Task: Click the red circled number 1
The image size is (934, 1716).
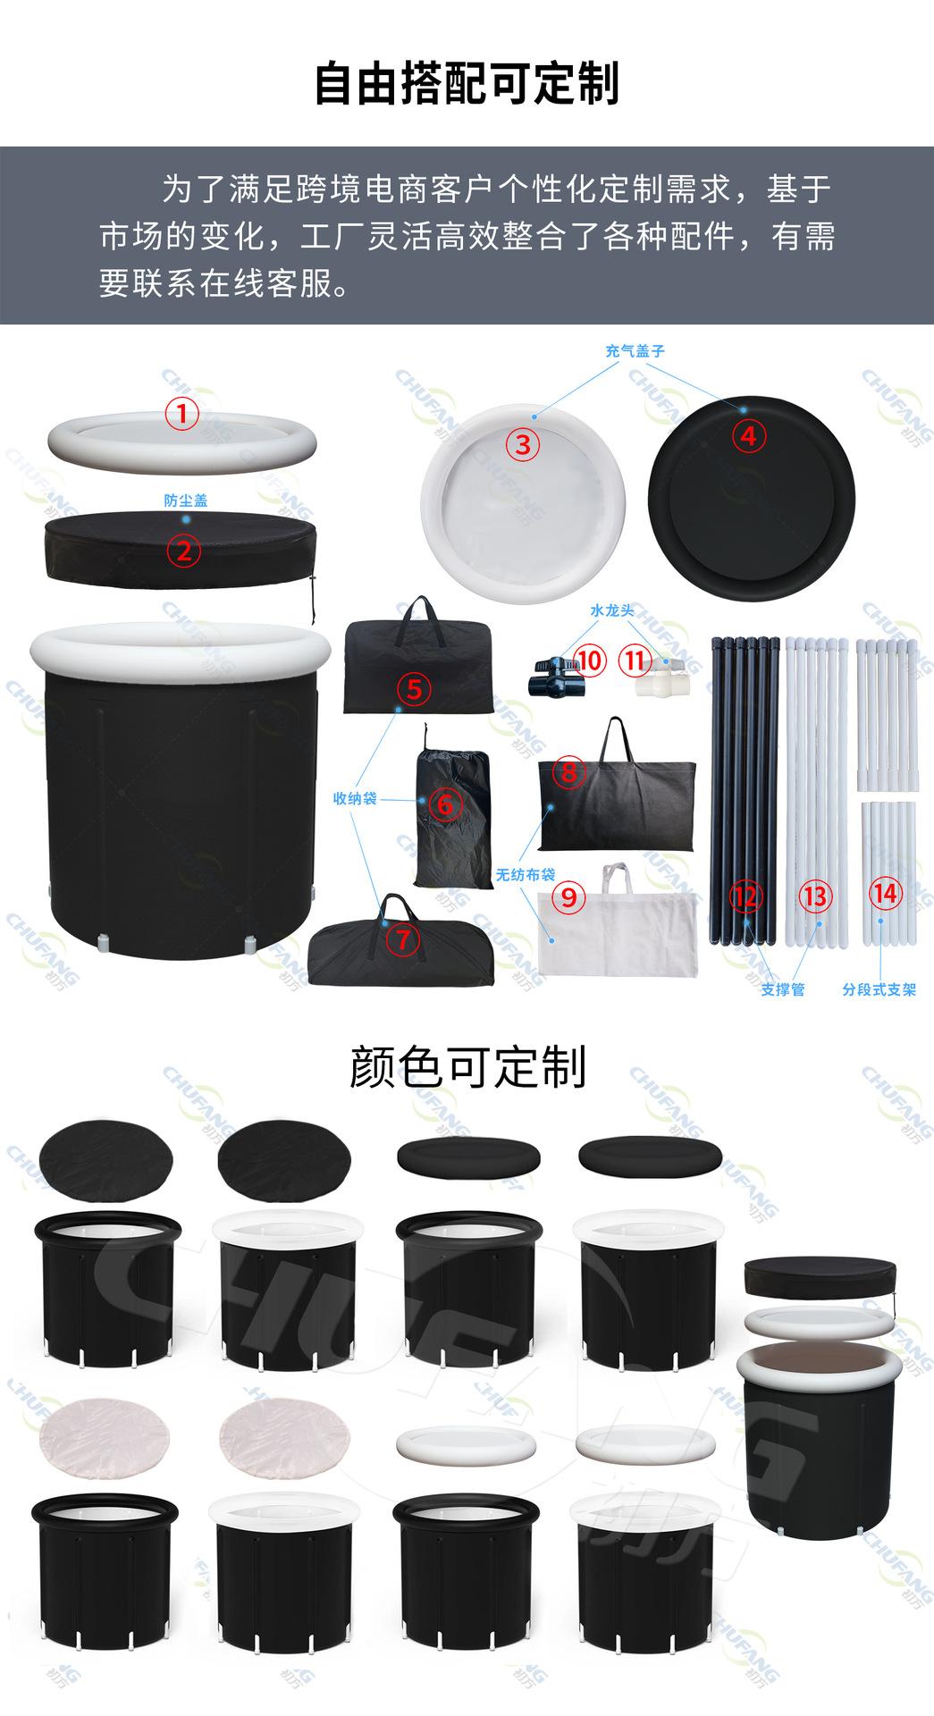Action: click(x=183, y=414)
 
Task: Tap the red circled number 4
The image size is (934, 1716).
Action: click(x=749, y=436)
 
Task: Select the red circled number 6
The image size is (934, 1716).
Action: click(x=446, y=804)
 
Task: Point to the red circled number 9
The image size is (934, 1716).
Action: click(x=569, y=896)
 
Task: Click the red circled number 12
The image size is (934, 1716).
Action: click(x=746, y=896)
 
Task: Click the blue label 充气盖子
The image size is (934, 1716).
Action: click(x=635, y=351)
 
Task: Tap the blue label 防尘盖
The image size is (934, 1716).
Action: click(x=185, y=500)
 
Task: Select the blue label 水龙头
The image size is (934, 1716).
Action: click(x=612, y=610)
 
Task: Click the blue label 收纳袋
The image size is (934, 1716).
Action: click(x=354, y=798)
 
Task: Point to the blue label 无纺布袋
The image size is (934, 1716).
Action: click(x=526, y=875)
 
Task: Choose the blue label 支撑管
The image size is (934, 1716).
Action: click(x=783, y=989)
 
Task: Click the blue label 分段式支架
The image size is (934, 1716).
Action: click(x=879, y=989)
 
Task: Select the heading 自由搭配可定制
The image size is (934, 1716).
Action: click(x=467, y=86)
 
